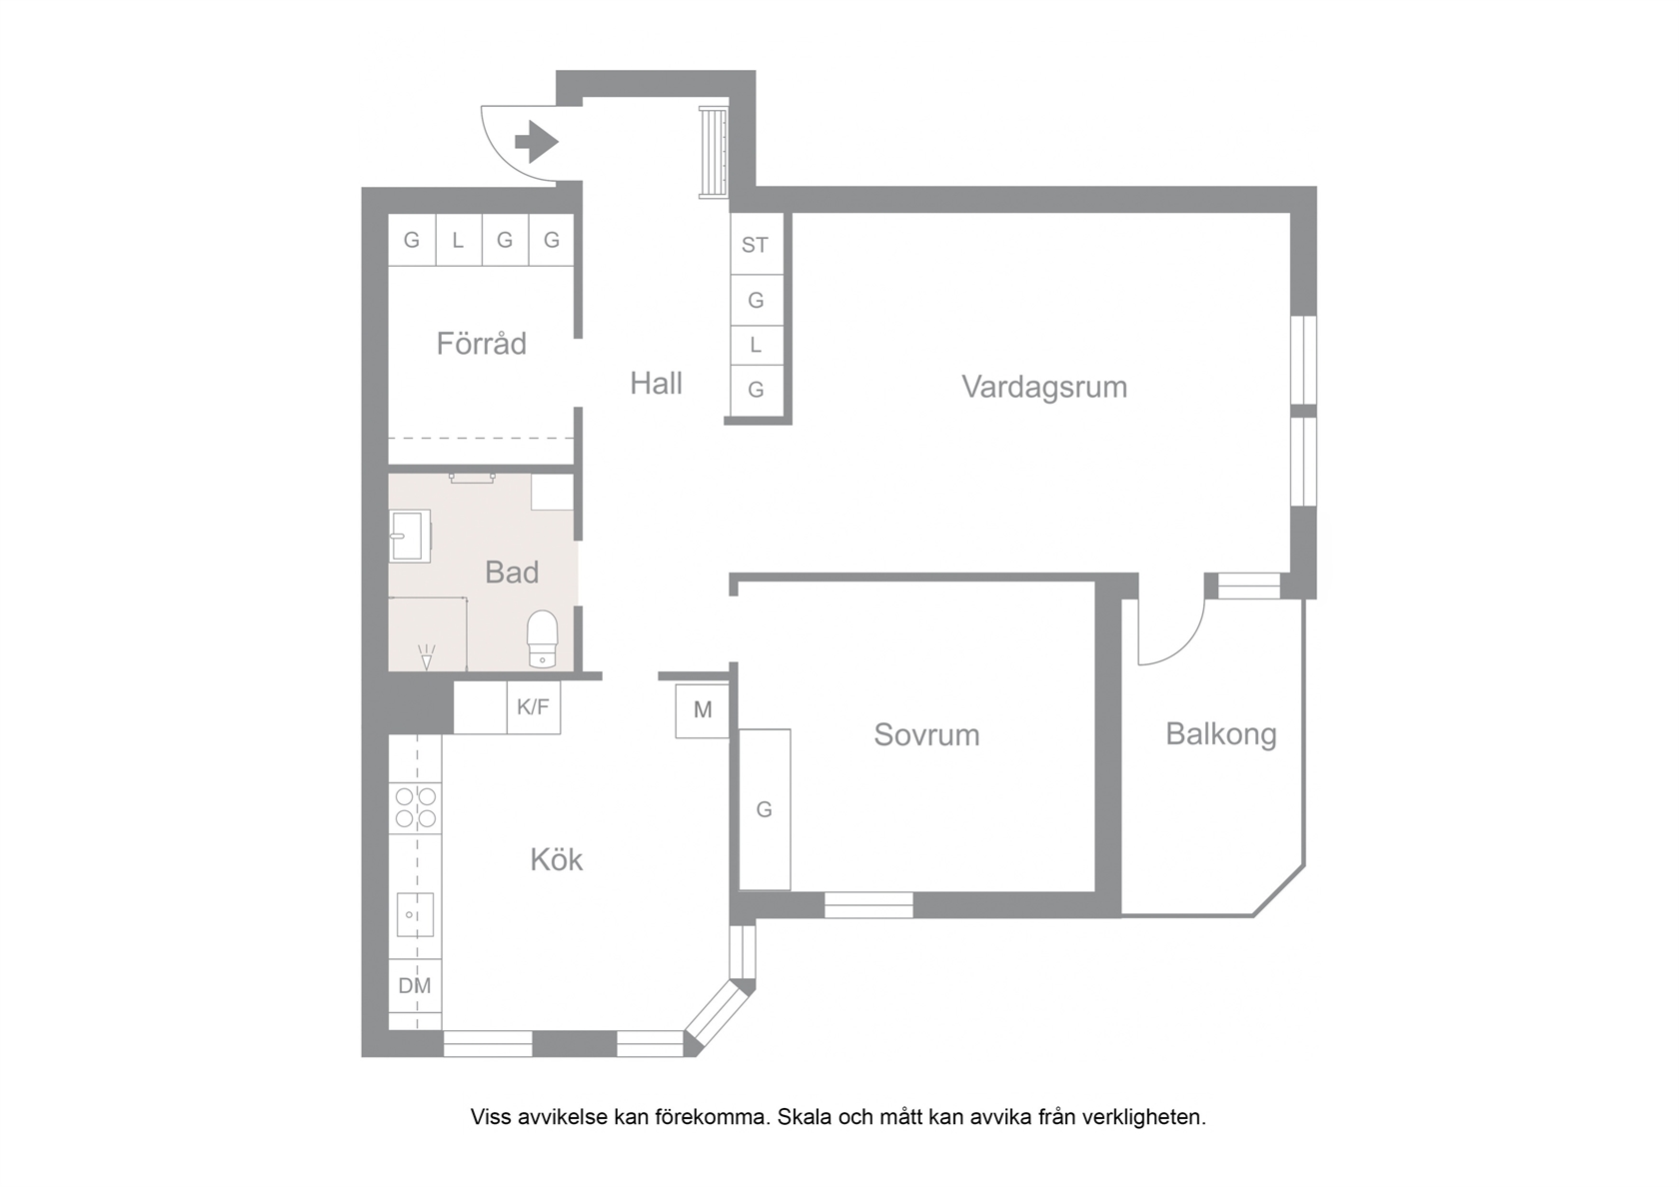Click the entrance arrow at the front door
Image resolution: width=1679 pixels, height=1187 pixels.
(537, 142)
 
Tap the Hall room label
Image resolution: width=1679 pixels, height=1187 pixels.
(656, 384)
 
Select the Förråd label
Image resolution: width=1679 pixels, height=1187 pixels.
(482, 344)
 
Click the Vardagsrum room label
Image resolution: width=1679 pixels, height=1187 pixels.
(1044, 388)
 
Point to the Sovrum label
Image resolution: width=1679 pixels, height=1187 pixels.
(926, 735)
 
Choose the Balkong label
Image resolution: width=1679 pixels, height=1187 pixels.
(1221, 734)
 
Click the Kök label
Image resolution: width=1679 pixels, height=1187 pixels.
(556, 859)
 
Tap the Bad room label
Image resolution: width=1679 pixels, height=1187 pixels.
(512, 573)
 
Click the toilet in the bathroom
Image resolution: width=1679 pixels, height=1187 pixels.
(543, 639)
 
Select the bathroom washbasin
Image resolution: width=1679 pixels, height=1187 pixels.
(410, 537)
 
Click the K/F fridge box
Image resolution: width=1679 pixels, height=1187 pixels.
(534, 706)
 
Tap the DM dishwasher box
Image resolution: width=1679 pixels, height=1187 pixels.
(416, 985)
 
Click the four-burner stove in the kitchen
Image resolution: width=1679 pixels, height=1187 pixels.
(416, 807)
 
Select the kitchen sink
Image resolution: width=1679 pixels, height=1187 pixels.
(416, 915)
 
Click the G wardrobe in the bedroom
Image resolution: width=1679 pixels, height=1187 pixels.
(765, 809)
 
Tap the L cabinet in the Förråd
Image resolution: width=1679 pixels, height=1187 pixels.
(458, 240)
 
